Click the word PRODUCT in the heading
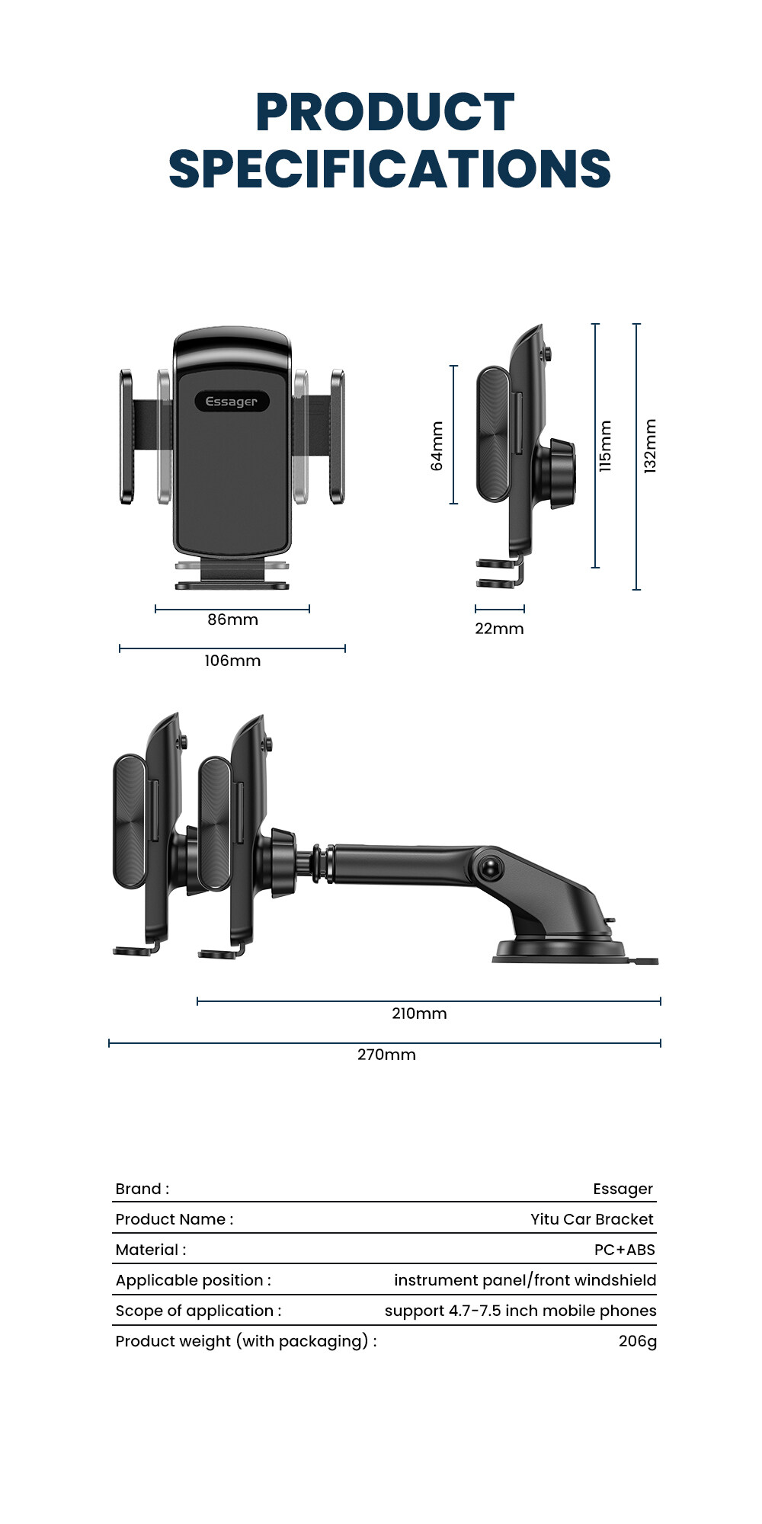(385, 112)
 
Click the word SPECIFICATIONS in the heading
(389, 168)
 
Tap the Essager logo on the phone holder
(232, 402)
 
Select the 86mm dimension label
(232, 620)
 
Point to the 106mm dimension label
(232, 661)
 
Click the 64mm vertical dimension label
(437, 446)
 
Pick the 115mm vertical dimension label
(605, 446)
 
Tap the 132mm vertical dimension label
(650, 446)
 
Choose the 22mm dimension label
(499, 629)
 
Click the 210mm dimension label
(419, 1013)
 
